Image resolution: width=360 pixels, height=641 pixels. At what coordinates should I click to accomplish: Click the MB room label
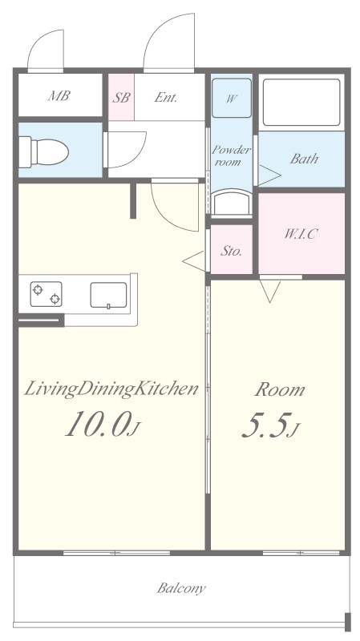[59, 95]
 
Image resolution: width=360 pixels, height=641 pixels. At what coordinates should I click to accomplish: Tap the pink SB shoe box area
[121, 97]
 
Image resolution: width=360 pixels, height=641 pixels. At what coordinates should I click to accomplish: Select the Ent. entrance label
[166, 97]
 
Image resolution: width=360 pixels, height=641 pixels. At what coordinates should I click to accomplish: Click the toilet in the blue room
[43, 152]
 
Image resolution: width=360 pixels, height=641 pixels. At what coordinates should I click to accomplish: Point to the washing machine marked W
[232, 98]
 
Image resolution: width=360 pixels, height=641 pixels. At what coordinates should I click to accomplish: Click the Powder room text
[231, 155]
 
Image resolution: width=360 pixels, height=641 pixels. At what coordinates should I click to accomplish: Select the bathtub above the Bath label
[301, 103]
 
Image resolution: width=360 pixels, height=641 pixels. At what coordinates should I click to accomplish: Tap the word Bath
[304, 159]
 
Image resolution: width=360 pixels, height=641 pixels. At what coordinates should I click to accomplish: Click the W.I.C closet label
[301, 234]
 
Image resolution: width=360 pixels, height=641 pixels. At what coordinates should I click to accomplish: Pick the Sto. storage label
[231, 251]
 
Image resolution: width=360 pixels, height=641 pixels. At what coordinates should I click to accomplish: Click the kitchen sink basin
[108, 295]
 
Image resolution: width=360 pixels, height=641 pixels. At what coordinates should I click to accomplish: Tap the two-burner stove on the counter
[46, 294]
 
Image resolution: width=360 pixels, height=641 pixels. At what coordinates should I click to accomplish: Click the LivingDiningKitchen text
[111, 389]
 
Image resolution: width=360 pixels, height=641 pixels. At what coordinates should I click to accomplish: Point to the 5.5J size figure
[271, 425]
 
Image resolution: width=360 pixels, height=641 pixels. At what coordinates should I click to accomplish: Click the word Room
[280, 389]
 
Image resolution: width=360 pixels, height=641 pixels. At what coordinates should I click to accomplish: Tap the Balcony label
[181, 588]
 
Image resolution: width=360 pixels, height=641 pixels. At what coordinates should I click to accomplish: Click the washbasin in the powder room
[232, 203]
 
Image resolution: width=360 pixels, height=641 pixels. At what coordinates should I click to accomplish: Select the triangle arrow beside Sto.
[193, 261]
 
